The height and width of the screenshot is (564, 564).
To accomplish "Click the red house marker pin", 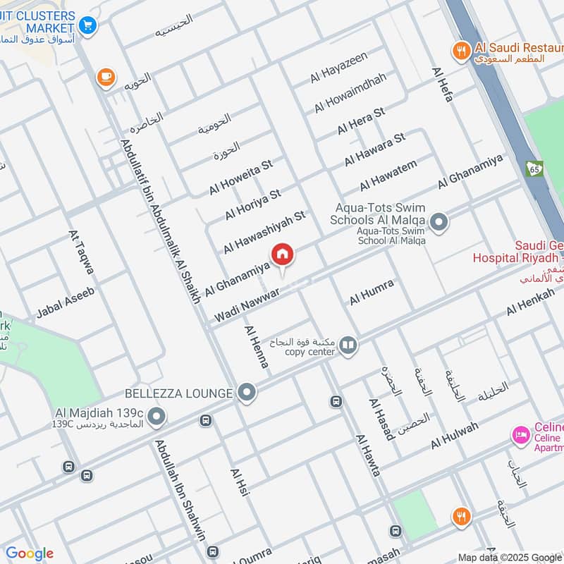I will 282,255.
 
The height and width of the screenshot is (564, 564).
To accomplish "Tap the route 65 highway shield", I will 534,168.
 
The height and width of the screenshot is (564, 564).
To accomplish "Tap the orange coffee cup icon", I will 106,78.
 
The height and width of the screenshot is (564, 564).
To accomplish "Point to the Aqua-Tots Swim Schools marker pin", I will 439,223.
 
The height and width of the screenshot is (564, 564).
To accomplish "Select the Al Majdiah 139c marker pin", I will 157,417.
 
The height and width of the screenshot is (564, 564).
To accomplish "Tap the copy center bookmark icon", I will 348,345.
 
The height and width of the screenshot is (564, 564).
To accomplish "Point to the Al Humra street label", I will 371,293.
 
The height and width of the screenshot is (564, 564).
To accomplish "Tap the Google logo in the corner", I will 29,553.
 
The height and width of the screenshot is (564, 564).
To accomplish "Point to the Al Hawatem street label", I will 388,176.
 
